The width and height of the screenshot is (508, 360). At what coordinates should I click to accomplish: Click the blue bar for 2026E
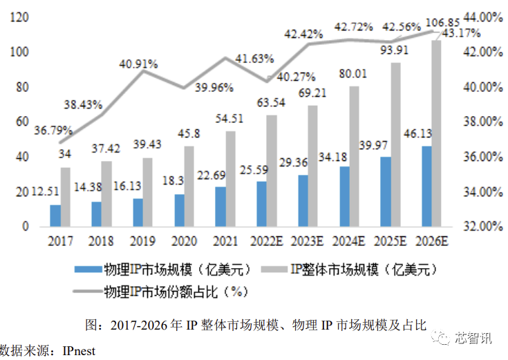(427, 186)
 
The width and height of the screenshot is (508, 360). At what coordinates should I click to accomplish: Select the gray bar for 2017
(66, 197)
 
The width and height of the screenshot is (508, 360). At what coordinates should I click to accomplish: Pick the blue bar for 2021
(220, 206)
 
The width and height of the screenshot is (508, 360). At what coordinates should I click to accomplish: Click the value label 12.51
(44, 191)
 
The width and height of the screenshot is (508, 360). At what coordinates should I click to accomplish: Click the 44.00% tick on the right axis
(482, 17)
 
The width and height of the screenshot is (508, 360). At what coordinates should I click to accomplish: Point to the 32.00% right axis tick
(482, 226)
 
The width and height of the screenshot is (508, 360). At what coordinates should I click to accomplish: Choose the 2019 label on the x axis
(143, 241)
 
